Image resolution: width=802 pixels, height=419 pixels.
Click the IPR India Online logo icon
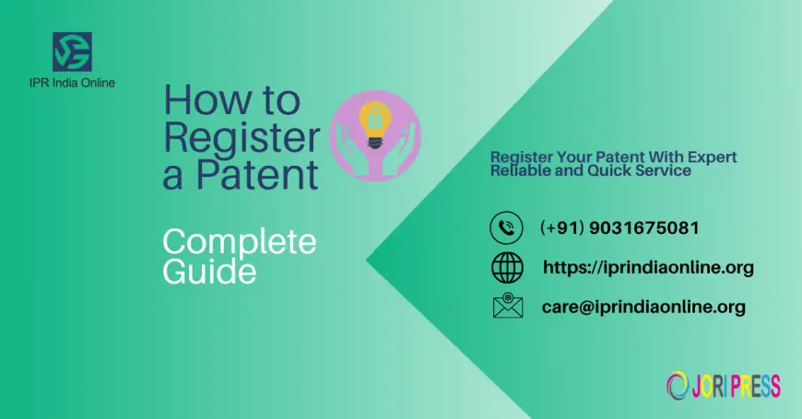tap(72, 52)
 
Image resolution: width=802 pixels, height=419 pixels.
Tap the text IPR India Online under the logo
tap(72, 83)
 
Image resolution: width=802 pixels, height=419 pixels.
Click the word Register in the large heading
tap(242, 136)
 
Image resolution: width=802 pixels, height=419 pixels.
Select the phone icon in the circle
tap(506, 227)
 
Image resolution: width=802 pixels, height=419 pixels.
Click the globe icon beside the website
tap(507, 267)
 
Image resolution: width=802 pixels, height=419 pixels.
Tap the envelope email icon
tap(507, 307)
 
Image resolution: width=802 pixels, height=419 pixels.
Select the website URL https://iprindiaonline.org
tap(648, 267)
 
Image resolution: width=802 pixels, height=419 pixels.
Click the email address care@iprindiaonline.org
tap(643, 307)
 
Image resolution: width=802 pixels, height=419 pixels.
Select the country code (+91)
tap(558, 227)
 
